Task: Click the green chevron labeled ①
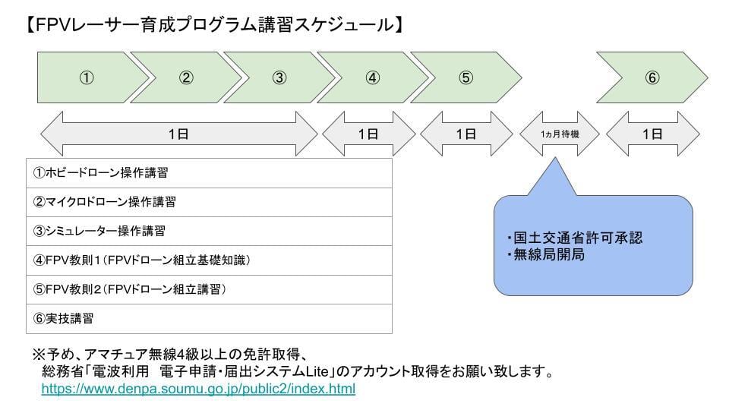tap(87, 77)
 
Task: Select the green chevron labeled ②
tap(186, 77)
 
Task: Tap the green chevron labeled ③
tap(279, 77)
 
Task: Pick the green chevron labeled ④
tap(372, 77)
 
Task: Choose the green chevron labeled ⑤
tap(465, 77)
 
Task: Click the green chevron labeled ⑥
tap(652, 77)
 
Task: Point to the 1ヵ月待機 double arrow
tap(559, 134)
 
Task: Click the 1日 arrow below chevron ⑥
tap(652, 134)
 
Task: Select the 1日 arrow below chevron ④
tap(368, 134)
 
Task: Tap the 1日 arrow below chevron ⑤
tap(465, 134)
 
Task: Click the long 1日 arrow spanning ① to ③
tap(178, 134)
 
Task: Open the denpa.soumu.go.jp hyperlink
tap(198, 389)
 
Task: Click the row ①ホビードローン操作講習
tap(209, 172)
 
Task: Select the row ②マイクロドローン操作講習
tap(209, 202)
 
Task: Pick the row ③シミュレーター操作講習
tap(209, 231)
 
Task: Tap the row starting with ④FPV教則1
tap(209, 260)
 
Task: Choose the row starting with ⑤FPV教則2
tap(209, 289)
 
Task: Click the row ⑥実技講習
tap(209, 319)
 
